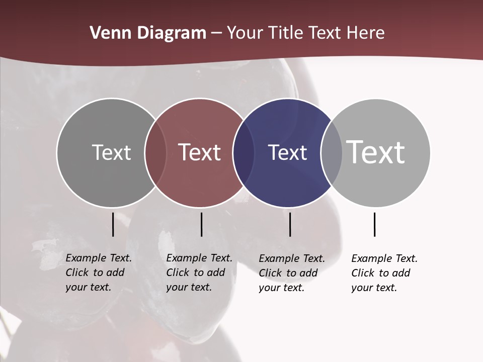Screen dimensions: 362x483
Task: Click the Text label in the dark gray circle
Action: coord(111,152)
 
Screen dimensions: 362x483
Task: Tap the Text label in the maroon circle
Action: coord(200,152)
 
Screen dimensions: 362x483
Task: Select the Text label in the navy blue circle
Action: coord(287,152)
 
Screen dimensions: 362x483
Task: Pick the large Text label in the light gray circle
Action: coord(376,152)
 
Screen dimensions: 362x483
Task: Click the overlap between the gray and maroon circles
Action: coord(155,152)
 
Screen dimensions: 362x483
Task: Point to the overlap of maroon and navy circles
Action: coord(243,152)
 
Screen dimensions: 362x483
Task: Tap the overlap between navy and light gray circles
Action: coord(332,152)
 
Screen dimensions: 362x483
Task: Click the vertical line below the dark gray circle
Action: coord(113,224)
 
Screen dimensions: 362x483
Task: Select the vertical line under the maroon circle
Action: coord(201,224)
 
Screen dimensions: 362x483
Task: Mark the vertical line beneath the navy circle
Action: coord(290,224)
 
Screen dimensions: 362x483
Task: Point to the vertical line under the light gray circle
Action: coord(374,224)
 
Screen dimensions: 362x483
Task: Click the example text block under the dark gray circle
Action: coord(98,273)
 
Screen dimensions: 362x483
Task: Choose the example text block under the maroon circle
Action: coord(199,273)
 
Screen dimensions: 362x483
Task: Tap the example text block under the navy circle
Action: coord(291,273)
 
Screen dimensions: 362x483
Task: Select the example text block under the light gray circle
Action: coord(384,273)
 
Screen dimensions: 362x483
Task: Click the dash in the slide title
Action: coord(216,33)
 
